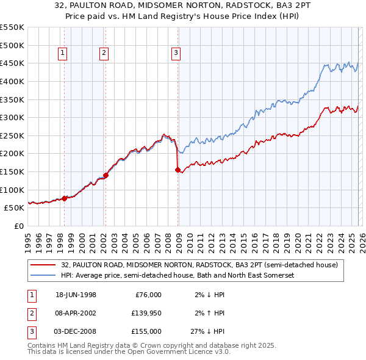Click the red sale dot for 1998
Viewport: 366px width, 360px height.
click(65, 198)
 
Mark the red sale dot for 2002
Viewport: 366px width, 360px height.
click(106, 175)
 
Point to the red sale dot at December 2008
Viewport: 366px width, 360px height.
click(178, 170)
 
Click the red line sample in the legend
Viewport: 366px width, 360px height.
click(43, 265)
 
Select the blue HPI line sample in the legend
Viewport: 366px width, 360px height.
click(43, 276)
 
